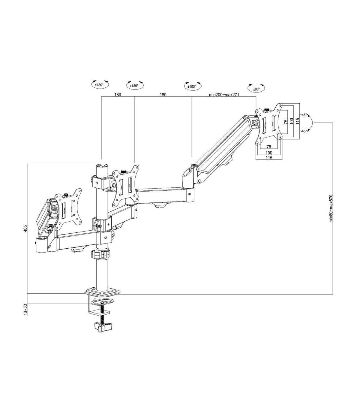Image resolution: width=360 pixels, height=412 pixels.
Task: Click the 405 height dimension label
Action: coord(25,228)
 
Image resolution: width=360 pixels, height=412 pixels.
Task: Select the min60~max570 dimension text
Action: coord(331,208)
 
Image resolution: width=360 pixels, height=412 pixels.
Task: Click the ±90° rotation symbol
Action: coord(256,88)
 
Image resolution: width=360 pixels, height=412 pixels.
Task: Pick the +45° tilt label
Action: coord(304,115)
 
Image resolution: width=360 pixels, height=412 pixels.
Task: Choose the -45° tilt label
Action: coord(304,131)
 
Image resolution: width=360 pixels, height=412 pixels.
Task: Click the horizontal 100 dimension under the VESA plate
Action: coord(269,153)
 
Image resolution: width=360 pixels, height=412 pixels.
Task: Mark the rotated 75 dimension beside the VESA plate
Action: coord(286,122)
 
